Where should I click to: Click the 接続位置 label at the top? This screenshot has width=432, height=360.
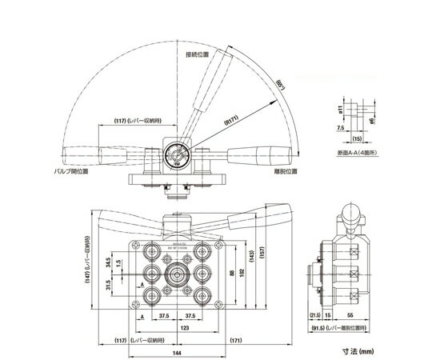tap(196, 55)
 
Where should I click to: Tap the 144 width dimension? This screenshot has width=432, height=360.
tap(173, 352)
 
